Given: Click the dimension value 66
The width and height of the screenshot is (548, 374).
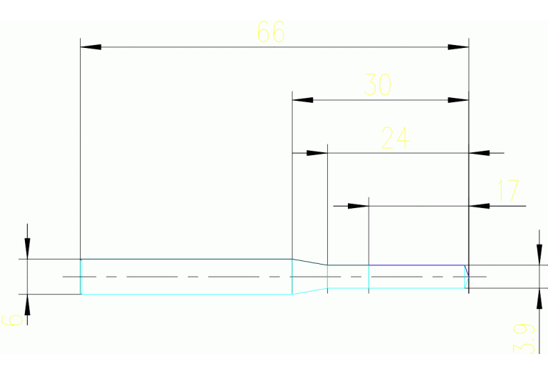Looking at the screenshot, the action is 270,32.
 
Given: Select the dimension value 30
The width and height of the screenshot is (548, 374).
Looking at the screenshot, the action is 378,85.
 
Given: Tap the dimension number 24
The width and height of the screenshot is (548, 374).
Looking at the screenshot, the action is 394,138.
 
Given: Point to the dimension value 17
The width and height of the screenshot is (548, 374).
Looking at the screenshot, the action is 508,191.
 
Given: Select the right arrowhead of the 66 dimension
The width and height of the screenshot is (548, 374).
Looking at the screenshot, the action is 459,47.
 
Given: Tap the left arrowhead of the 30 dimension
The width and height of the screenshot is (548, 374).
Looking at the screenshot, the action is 303,100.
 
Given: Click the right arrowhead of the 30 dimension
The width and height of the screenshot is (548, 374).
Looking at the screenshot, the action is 459,100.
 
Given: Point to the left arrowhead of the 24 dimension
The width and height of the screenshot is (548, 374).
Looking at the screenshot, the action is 317,153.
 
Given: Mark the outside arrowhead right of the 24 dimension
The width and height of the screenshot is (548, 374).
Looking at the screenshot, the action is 479,153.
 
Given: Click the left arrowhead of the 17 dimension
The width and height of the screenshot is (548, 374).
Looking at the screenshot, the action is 358,206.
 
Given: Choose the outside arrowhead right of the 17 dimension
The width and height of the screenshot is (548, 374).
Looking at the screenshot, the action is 479,206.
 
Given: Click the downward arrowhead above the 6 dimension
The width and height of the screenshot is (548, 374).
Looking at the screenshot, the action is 27,248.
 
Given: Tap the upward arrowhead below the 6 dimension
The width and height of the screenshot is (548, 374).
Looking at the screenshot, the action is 27,305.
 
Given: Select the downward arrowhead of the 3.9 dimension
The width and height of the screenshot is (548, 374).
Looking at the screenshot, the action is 538,255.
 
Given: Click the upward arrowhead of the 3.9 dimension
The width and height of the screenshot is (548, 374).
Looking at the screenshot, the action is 538,299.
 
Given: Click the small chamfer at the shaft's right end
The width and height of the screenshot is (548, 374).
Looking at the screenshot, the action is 467,270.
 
